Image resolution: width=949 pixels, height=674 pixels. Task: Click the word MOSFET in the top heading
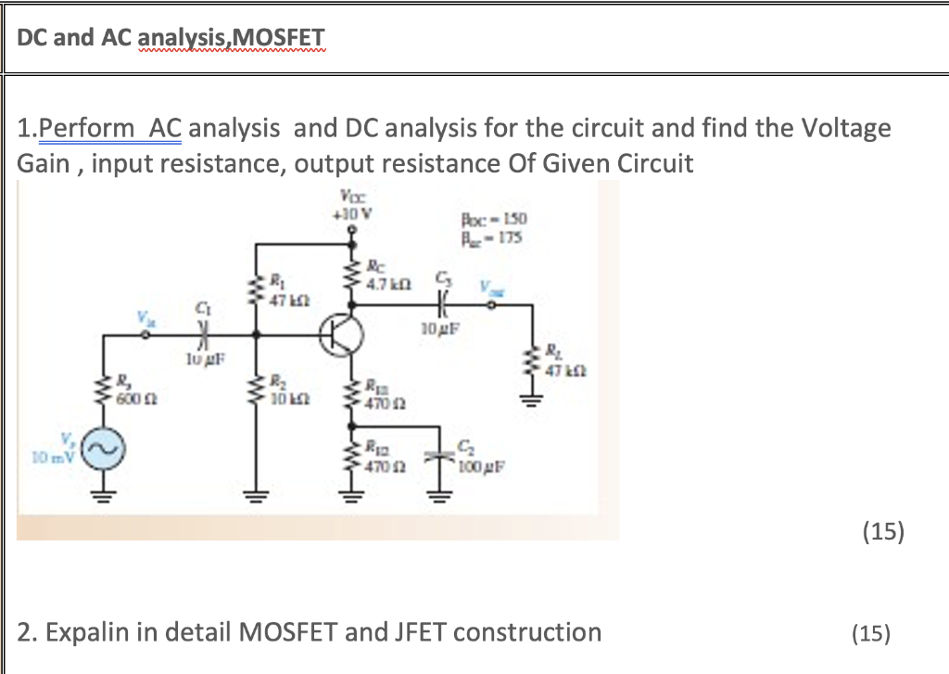tap(282, 37)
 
